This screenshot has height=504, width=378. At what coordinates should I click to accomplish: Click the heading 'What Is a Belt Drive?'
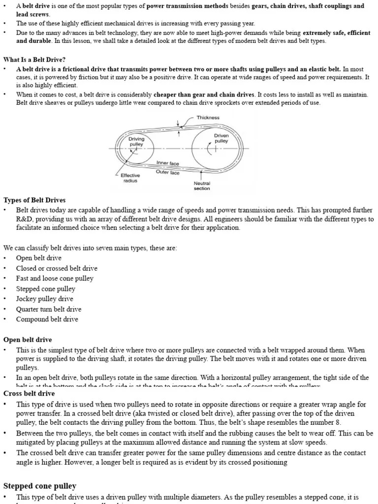pos(34,60)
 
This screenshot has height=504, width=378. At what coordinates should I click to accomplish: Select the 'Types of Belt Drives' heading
pos(34,200)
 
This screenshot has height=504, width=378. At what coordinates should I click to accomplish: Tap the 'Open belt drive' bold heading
pos(28,340)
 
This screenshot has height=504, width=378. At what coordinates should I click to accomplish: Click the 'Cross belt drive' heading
pos(29,393)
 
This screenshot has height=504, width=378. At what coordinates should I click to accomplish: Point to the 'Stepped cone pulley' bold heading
pos(40,486)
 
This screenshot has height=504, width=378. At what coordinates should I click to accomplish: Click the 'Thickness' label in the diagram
pos(208,118)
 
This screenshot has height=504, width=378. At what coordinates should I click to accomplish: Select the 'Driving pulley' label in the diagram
pos(136,142)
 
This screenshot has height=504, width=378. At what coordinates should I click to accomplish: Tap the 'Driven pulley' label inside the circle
pos(221,138)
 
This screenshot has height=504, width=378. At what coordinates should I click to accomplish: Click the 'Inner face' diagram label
pos(168,163)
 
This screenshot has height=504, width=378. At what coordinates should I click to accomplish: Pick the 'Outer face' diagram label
pos(168,172)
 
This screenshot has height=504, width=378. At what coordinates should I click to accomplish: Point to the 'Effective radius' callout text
pos(130,178)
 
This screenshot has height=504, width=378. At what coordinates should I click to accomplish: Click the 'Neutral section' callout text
pos(202,186)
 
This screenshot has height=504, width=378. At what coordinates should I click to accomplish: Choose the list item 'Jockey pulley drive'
pos(44,299)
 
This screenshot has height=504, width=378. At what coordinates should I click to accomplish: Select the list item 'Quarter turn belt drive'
pos(49,309)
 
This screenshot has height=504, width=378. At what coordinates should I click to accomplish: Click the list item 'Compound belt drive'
pos(47,319)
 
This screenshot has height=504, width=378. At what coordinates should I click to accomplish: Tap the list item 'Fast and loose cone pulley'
pos(55,278)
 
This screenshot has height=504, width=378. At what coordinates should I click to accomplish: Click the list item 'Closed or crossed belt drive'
pos(57,268)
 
